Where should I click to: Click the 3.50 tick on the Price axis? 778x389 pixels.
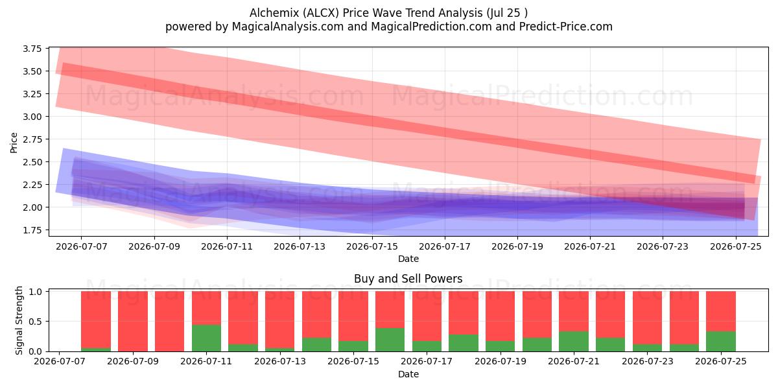pos(32,71)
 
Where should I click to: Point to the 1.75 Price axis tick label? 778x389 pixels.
pos(32,230)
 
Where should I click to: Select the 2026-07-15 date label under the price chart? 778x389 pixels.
pos(372,246)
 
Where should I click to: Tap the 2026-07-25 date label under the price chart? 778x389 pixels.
pos(736,246)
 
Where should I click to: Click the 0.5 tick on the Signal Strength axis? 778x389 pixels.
pos(35,322)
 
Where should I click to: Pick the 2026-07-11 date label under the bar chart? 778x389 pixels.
pos(206,362)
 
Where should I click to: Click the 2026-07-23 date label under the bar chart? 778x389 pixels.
pos(648,362)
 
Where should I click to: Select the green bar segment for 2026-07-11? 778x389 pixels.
pos(206,338)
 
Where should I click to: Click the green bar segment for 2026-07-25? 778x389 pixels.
pos(721,342)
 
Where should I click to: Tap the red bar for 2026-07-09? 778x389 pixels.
pos(133,322)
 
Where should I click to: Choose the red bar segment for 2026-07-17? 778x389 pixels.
pos(427,316)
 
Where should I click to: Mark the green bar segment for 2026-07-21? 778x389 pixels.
pos(574,342)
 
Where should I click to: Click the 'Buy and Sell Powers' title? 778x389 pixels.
pos(408,279)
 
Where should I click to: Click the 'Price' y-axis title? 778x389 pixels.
pos(14,143)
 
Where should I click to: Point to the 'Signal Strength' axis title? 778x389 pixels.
pos(19,320)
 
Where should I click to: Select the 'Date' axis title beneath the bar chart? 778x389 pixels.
pos(408,375)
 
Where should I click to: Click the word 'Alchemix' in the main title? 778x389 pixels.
pos(274,13)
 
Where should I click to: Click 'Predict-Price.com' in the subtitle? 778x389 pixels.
pos(566,27)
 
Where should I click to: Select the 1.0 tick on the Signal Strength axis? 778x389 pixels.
pos(35,291)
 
